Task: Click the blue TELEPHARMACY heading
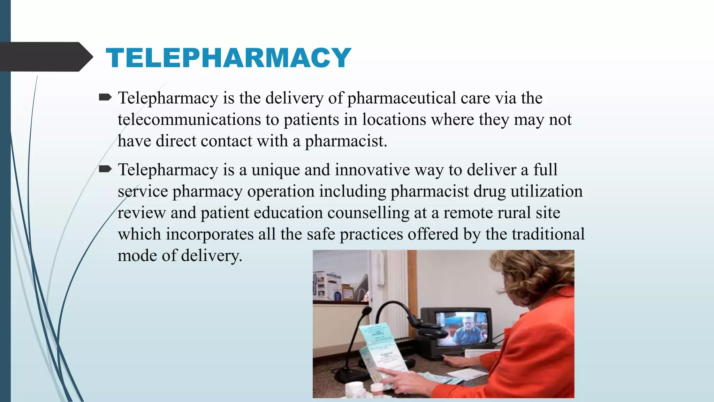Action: (228, 58)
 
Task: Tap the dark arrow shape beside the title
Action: (45, 57)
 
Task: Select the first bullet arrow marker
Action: (105, 97)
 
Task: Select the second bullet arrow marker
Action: (105, 169)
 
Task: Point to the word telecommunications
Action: (189, 120)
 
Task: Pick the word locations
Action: (394, 120)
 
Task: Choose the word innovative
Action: (372, 170)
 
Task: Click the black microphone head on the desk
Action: (366, 311)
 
